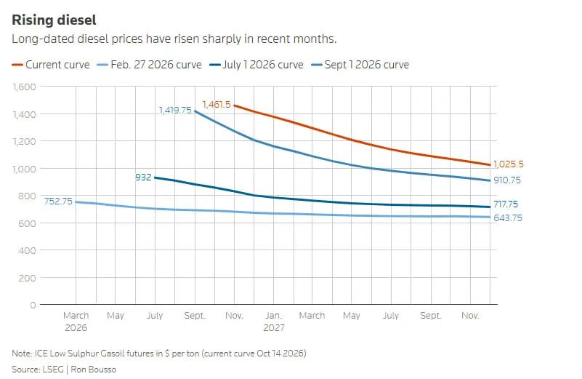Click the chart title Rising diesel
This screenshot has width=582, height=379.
coord(54,20)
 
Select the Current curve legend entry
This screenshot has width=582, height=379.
coord(51,65)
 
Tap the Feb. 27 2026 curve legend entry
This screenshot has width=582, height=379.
coord(149,65)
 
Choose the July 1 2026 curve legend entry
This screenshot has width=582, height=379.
coord(256,65)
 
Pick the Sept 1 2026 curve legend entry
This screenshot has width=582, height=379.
coord(360,65)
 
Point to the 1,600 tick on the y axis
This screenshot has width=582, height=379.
coord(25,87)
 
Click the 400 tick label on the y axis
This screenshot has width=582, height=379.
coord(27,250)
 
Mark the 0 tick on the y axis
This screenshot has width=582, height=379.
coord(33,305)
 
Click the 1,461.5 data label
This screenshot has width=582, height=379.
coord(217,105)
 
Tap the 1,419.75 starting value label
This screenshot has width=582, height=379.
coord(175,111)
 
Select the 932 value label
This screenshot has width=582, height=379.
coord(143,177)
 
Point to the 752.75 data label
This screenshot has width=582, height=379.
coord(58,202)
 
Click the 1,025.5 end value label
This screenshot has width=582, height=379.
coord(509,164)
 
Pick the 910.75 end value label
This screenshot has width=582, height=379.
coord(507,180)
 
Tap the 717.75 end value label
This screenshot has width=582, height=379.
coord(506,204)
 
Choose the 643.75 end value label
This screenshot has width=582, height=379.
coord(508,218)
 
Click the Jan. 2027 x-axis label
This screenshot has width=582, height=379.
coord(274,322)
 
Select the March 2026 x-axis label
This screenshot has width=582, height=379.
coord(76,322)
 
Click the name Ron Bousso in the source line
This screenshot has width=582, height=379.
coord(94,370)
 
